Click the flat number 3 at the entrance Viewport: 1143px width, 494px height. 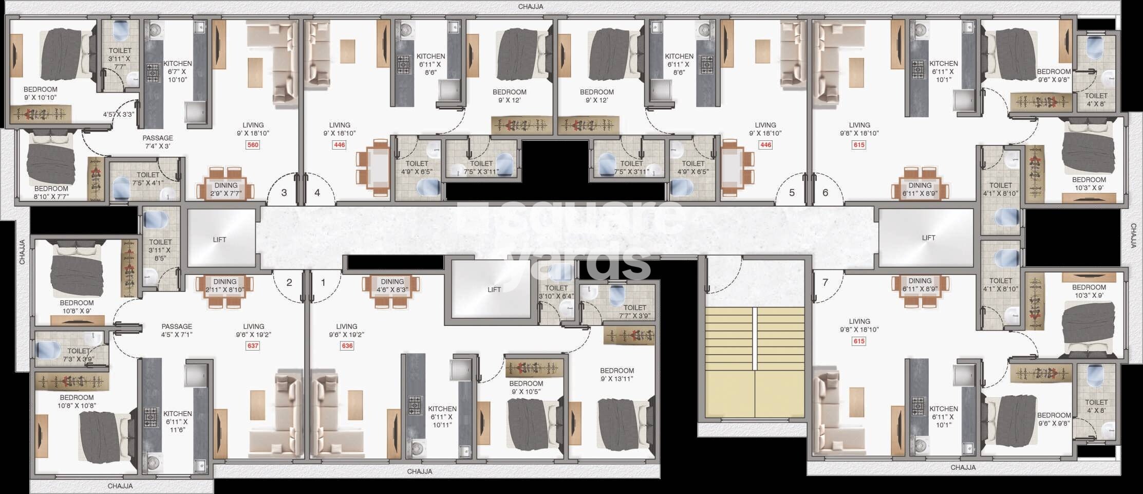pyautogui.click(x=284, y=193)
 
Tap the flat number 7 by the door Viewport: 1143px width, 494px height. pyautogui.click(x=825, y=282)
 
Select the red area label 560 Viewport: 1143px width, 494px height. pyautogui.click(x=253, y=145)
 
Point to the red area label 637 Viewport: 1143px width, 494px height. pyautogui.click(x=253, y=346)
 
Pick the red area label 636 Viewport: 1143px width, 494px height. pyautogui.click(x=347, y=346)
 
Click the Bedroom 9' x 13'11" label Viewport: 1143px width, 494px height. pyautogui.click(x=616, y=375)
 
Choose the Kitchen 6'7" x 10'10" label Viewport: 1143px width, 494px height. pyautogui.click(x=178, y=71)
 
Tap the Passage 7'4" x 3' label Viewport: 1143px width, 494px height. pyautogui.click(x=158, y=142)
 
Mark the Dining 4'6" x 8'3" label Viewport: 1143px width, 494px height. pyautogui.click(x=392, y=286)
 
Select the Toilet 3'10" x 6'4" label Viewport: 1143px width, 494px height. pyautogui.click(x=556, y=292)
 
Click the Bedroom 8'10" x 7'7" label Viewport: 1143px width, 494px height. pyautogui.click(x=51, y=192)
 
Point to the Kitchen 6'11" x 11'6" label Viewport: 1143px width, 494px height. pyautogui.click(x=178, y=422)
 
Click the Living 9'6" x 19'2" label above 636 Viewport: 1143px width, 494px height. pyautogui.click(x=347, y=330)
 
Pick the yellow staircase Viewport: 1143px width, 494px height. pyautogui.click(x=754, y=362)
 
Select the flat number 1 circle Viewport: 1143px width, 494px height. pyautogui.click(x=323, y=282)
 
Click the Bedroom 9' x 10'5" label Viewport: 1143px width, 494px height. pyautogui.click(x=526, y=388)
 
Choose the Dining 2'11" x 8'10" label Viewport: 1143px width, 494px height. pyautogui.click(x=225, y=286)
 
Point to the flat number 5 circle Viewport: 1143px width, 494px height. pyautogui.click(x=792, y=193)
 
